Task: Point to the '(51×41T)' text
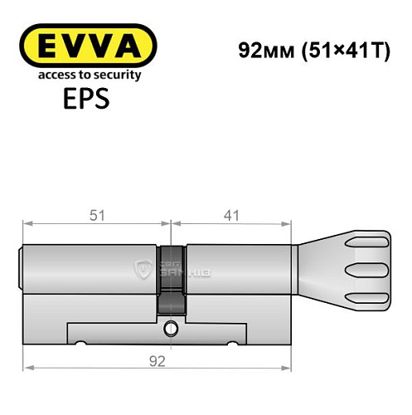tap(338, 49)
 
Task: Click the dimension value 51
tap(97, 216)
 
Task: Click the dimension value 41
tap(231, 216)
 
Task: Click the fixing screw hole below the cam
tap(171, 325)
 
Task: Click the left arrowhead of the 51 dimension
tap(27, 223)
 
